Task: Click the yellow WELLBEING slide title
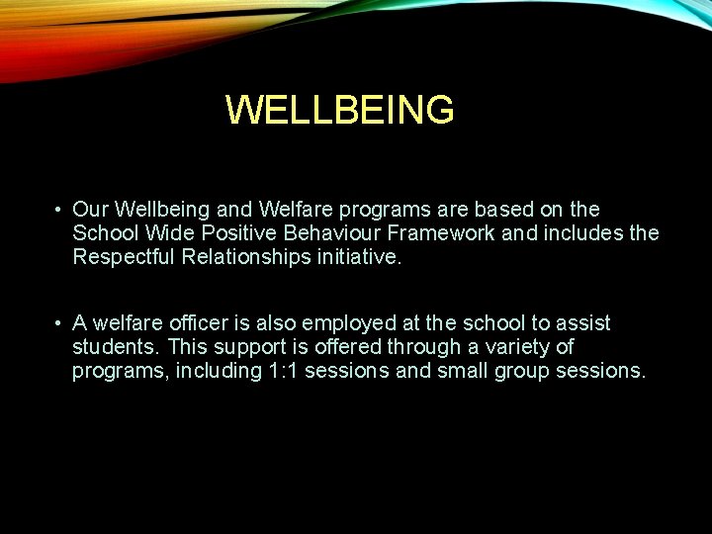point(340,110)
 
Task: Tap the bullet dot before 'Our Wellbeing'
point(59,210)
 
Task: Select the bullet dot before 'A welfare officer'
point(59,323)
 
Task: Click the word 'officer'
point(202,323)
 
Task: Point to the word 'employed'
point(346,323)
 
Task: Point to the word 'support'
point(240,347)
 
